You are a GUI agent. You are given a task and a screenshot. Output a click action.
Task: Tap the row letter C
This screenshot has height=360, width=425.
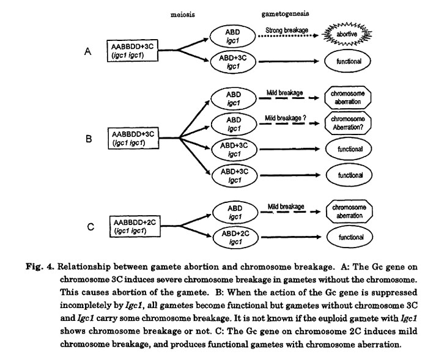90,227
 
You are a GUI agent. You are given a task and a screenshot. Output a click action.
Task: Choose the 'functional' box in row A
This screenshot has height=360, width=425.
349,62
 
